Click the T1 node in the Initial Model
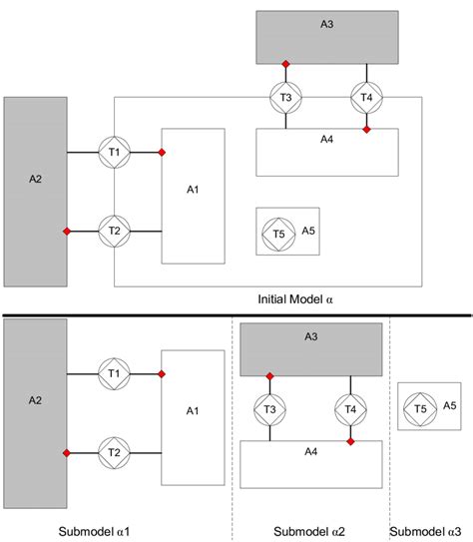click(x=114, y=152)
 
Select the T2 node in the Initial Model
click(x=114, y=232)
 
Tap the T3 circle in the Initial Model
click(x=285, y=97)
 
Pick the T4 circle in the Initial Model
click(x=366, y=97)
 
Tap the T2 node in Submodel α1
click(x=114, y=453)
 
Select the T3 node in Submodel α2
click(x=269, y=409)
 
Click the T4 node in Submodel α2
click(x=350, y=409)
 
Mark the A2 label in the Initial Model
click(x=36, y=181)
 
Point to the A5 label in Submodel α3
click(x=450, y=406)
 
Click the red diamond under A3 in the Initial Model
click(x=285, y=63)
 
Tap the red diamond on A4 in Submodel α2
click(x=350, y=441)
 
